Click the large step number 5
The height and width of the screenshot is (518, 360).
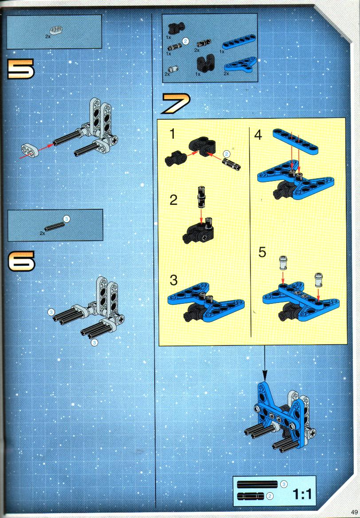tap(21, 69)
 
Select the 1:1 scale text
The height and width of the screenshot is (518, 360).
tap(301, 494)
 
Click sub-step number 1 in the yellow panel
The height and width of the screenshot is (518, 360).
tap(172, 134)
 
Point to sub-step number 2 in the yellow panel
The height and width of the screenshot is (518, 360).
tap(173, 200)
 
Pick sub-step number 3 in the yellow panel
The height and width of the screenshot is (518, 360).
tap(174, 280)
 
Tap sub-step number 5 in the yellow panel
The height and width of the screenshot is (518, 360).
tap(262, 252)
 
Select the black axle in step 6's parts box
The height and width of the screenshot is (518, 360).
tap(55, 226)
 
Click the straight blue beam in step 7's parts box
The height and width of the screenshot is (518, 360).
tap(239, 42)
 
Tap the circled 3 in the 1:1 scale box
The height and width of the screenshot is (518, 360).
tap(283, 484)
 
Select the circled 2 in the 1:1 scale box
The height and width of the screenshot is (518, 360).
tap(270, 495)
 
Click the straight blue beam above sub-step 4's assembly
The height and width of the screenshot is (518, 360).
tap(296, 142)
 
